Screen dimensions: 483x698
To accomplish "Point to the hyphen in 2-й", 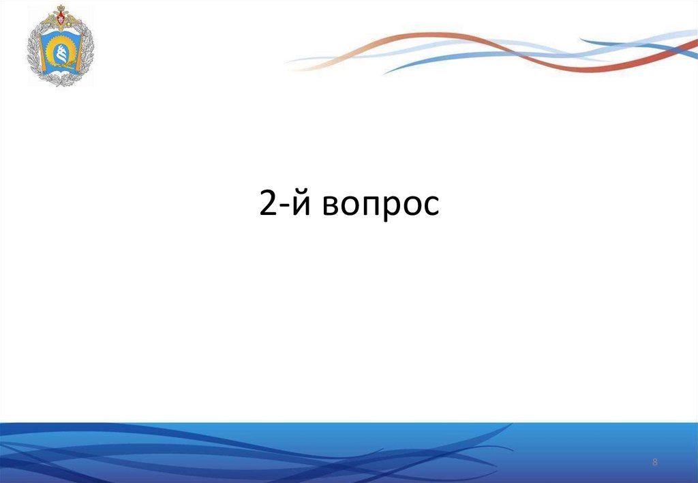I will click(282, 207).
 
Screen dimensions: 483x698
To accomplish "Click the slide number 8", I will click(655, 463).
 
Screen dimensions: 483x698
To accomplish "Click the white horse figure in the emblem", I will click(61, 51).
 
